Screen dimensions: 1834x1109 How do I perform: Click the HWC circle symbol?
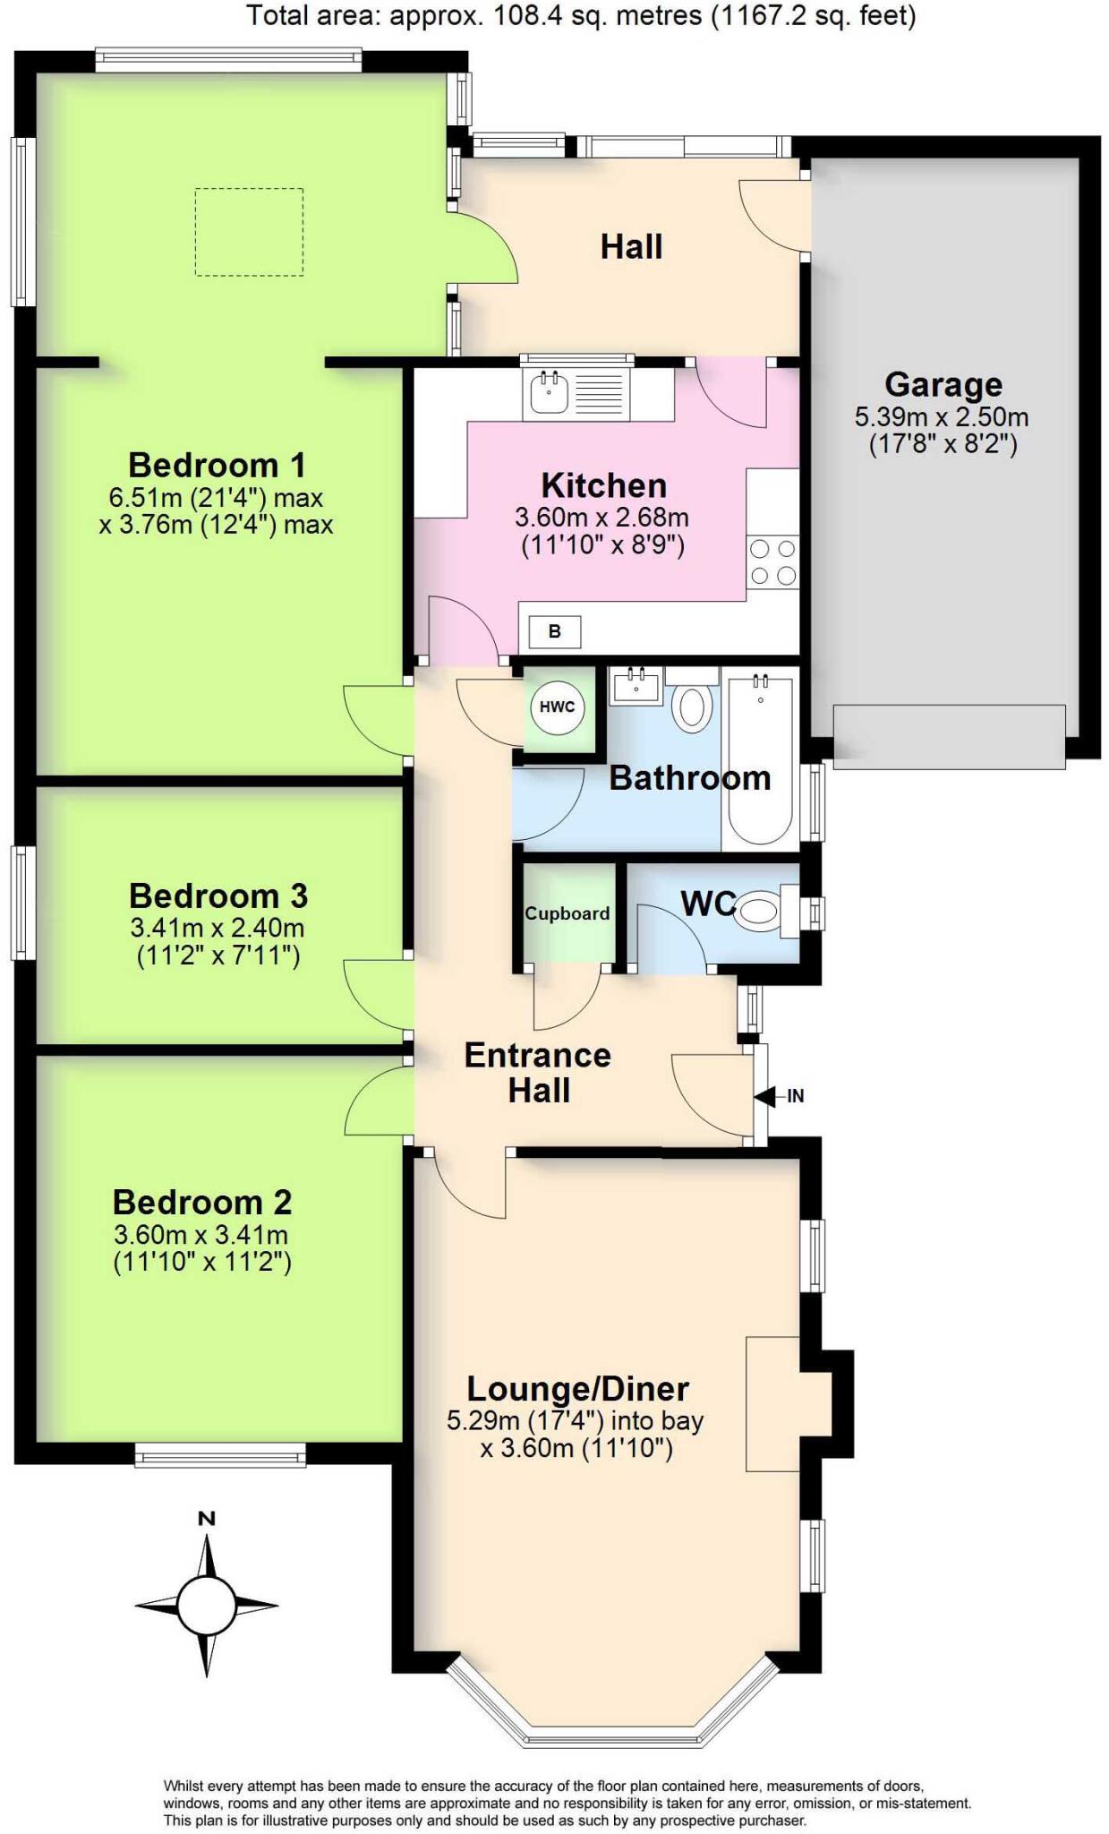tap(557, 707)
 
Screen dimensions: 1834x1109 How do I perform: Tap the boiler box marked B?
tap(554, 631)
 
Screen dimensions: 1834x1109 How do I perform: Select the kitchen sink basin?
tap(548, 393)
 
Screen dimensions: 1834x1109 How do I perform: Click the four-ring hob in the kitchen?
tap(773, 561)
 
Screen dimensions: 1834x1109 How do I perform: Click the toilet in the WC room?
tap(759, 911)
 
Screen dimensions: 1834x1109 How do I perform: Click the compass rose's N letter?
tap(207, 1519)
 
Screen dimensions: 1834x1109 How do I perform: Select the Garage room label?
tap(943, 384)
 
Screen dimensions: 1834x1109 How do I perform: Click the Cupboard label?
tap(567, 913)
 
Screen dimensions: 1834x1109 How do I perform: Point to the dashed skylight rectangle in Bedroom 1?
tap(249, 232)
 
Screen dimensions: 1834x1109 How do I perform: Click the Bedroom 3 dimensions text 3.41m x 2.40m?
tap(218, 928)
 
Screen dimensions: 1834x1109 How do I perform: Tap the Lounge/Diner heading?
tap(577, 1389)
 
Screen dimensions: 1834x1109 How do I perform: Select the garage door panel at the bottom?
tap(948, 736)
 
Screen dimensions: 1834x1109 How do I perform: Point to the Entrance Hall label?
tap(537, 1072)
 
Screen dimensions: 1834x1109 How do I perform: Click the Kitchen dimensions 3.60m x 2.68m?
tap(601, 518)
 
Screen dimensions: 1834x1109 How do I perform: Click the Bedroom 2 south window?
tap(220, 1455)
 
